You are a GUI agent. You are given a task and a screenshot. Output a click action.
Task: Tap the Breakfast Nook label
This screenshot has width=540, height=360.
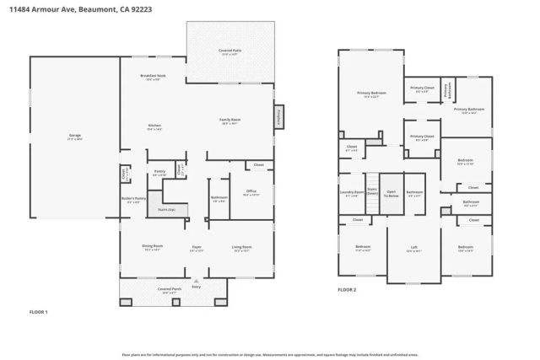(153, 77)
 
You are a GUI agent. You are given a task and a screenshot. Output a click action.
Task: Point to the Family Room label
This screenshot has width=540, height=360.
(230, 120)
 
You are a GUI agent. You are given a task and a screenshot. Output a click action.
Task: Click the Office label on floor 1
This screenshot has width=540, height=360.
(251, 192)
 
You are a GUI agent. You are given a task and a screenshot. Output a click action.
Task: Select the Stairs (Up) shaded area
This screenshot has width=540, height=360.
(166, 208)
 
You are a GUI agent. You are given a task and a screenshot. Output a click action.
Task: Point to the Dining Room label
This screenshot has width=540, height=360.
(153, 248)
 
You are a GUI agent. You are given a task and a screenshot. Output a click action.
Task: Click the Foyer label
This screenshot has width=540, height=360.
(197, 248)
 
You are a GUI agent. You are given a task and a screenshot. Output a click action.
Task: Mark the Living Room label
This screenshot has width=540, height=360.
(242, 248)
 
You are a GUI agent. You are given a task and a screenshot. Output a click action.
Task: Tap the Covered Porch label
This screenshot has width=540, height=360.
(170, 289)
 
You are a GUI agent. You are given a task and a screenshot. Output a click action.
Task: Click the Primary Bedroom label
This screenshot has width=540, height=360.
(371, 94)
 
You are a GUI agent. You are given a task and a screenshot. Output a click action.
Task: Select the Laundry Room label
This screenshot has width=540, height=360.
(352, 193)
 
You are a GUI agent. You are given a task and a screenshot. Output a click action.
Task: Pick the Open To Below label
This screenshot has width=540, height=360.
(391, 193)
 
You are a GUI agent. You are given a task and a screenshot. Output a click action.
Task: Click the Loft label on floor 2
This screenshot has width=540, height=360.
(413, 249)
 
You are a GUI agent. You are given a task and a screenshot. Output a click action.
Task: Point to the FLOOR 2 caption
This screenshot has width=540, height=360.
(347, 289)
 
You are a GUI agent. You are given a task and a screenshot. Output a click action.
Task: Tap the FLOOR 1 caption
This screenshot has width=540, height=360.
(39, 312)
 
